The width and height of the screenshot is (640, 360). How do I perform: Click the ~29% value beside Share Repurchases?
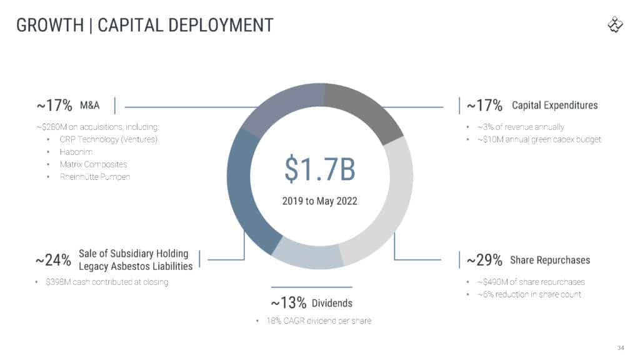(x=484, y=260)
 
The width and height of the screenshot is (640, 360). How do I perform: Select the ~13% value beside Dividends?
(x=288, y=303)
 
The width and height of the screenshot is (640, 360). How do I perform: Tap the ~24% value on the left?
(x=53, y=260)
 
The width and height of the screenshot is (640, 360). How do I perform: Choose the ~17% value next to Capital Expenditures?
(x=484, y=105)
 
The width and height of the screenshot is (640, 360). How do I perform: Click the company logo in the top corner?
(x=615, y=25)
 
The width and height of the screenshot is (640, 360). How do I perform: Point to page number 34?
(x=621, y=347)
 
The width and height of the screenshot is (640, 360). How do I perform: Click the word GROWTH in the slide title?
(x=49, y=25)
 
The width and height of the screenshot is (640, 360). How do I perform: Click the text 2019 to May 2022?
(x=319, y=201)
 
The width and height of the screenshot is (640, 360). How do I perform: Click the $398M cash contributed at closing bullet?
(x=106, y=282)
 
